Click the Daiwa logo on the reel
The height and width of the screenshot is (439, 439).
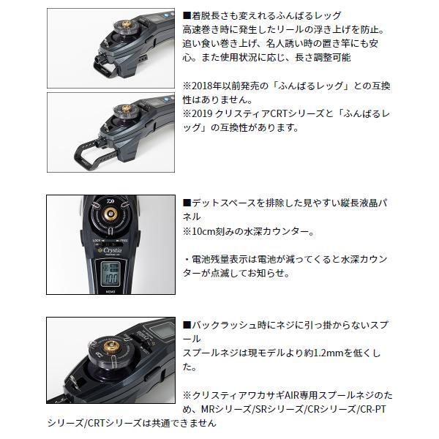coord(111,201)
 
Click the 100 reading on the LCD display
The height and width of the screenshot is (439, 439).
coord(110,279)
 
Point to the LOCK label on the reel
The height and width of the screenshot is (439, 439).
coord(97,241)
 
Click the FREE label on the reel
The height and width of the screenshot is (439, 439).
coord(124,241)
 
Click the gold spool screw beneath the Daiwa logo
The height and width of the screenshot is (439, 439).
coord(110,214)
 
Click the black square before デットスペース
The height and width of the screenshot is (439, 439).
coord(187,203)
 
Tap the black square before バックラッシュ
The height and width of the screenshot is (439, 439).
coord(187,325)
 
